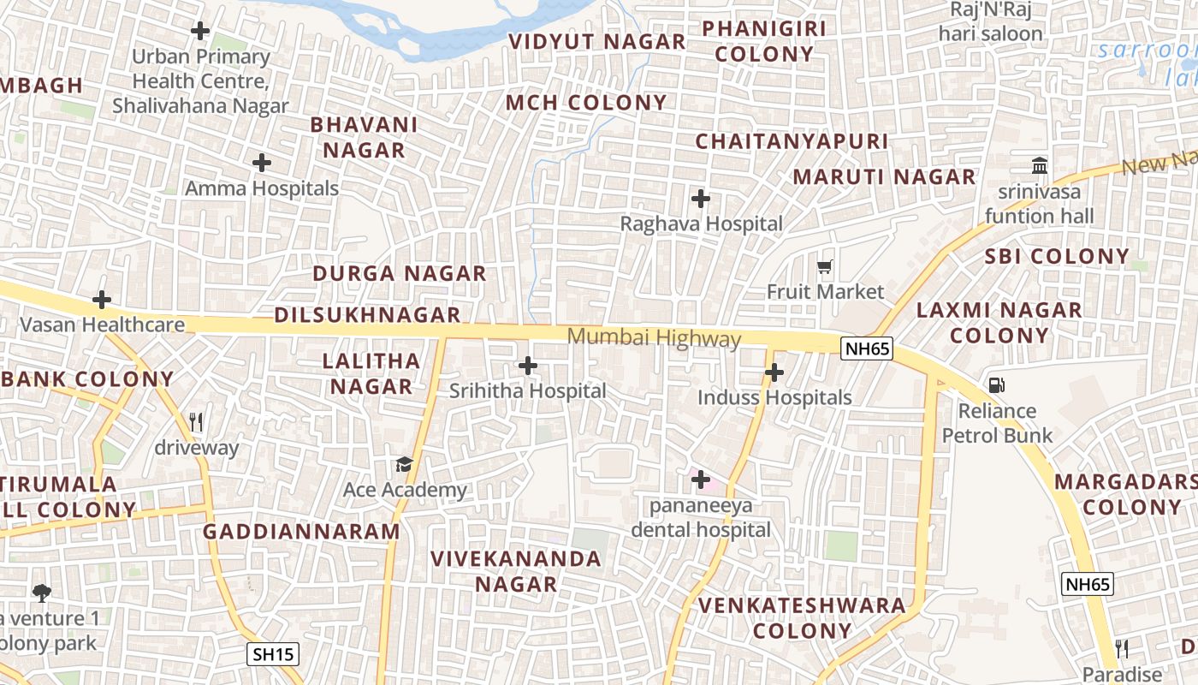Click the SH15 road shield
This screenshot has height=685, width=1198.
pos(274,655)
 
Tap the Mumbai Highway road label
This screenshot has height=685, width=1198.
pos(655,338)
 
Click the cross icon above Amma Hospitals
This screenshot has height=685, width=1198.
pos(262,163)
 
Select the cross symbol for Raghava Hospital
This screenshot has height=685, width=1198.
pos(701,200)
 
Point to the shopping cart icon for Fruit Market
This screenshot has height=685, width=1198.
pos(825,267)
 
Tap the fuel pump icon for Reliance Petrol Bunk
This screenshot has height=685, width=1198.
pos(997,385)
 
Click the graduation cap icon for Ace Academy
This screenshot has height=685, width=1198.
pos(404,465)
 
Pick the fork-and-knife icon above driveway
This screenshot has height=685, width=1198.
pos(196,422)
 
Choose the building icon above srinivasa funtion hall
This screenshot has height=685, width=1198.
pos(1040,165)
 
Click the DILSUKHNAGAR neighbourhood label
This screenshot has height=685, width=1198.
pos(367,315)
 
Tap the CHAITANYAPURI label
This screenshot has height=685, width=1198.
pos(792,141)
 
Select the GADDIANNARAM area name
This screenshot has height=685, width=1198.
pos(301,532)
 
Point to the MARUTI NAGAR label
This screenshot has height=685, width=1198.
pos(884,177)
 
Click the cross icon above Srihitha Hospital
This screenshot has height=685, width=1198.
pos(528,366)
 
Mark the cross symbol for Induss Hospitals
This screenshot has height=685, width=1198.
pos(774,372)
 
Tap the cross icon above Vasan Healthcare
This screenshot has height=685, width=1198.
pos(102,300)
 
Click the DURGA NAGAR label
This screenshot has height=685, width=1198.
pos(400,274)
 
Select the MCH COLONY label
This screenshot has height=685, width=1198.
pos(586,103)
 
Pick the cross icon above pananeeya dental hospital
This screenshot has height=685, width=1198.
pos(701,479)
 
